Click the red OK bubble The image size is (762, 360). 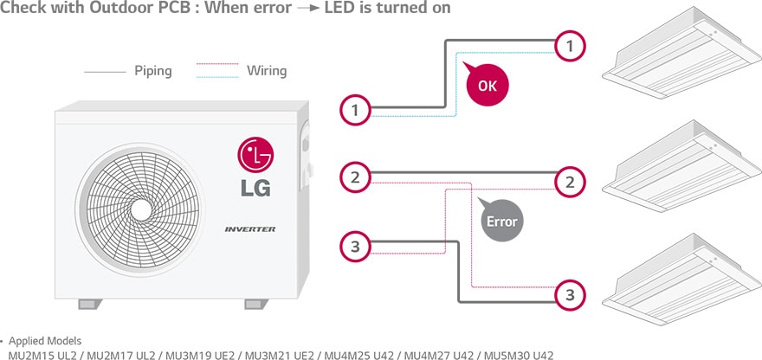coord(487,86)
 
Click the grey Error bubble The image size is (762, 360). coord(500,221)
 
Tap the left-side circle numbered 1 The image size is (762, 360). coord(355,110)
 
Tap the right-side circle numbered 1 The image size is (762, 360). coord(569,46)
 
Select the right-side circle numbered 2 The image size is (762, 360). coord(569,182)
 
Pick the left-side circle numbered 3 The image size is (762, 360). coord(355,247)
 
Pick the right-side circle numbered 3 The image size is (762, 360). coord(569,295)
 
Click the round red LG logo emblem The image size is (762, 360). coord(255,156)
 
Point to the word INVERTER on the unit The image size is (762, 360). coord(250,228)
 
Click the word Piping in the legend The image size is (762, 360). coord(153,70)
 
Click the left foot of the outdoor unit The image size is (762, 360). coord(90,305)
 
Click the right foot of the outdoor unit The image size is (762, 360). coord(256,305)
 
